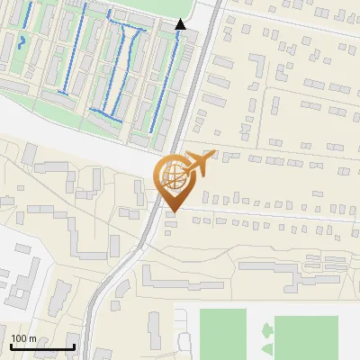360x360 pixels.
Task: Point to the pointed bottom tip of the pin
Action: point(171,211)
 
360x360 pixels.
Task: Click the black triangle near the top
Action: point(181,24)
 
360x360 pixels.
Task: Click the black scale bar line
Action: point(41,346)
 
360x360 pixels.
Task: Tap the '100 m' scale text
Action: point(23,338)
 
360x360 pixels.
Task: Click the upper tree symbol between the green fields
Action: point(267,330)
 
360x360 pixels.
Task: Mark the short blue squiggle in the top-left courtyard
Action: point(22,41)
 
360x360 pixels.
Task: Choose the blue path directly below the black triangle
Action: point(165,81)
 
